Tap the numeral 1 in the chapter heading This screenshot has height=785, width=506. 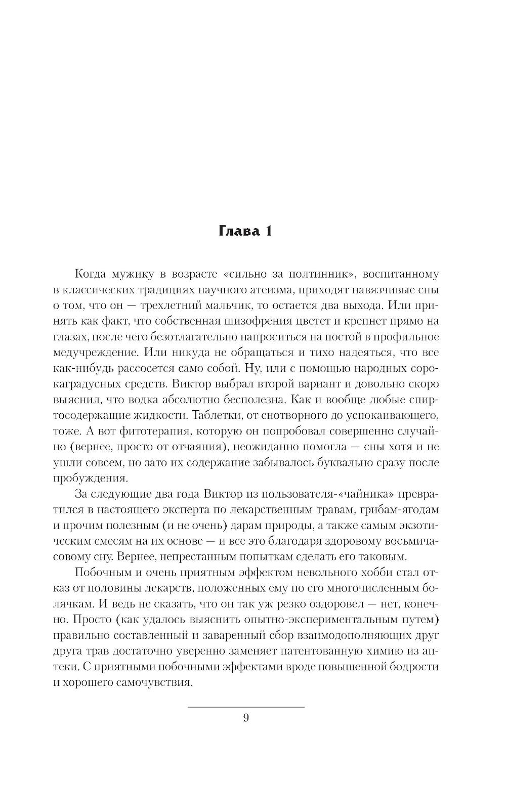pyautogui.click(x=268, y=232)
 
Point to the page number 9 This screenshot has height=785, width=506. pyautogui.click(x=246, y=718)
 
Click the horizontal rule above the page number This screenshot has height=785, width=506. pyautogui.click(x=246, y=707)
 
